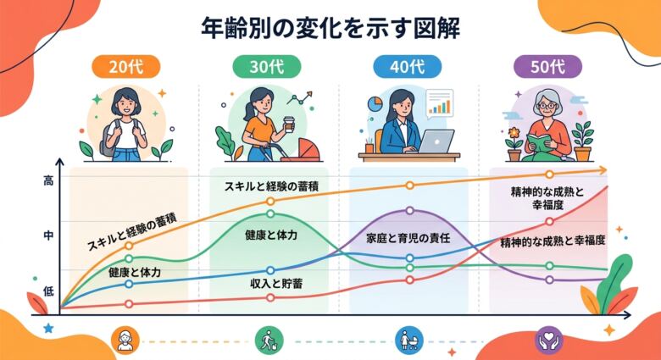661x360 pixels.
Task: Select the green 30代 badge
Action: pyautogui.click(x=267, y=67)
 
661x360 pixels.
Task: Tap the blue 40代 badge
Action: pyautogui.click(x=408, y=67)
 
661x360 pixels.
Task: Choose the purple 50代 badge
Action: pyautogui.click(x=548, y=67)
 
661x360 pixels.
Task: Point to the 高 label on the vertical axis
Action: pyautogui.click(x=47, y=180)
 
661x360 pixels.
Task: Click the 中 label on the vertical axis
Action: pyautogui.click(x=47, y=236)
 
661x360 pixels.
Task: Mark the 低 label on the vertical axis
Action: pyautogui.click(x=47, y=291)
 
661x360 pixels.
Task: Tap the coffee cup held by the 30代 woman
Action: pyautogui.click(x=289, y=122)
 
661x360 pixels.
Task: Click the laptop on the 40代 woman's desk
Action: pyautogui.click(x=434, y=141)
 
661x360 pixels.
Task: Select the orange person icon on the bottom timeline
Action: pyautogui.click(x=125, y=341)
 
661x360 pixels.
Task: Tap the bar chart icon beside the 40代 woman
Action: pyautogui.click(x=439, y=104)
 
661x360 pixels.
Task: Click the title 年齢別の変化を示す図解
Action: pyautogui.click(x=330, y=28)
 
